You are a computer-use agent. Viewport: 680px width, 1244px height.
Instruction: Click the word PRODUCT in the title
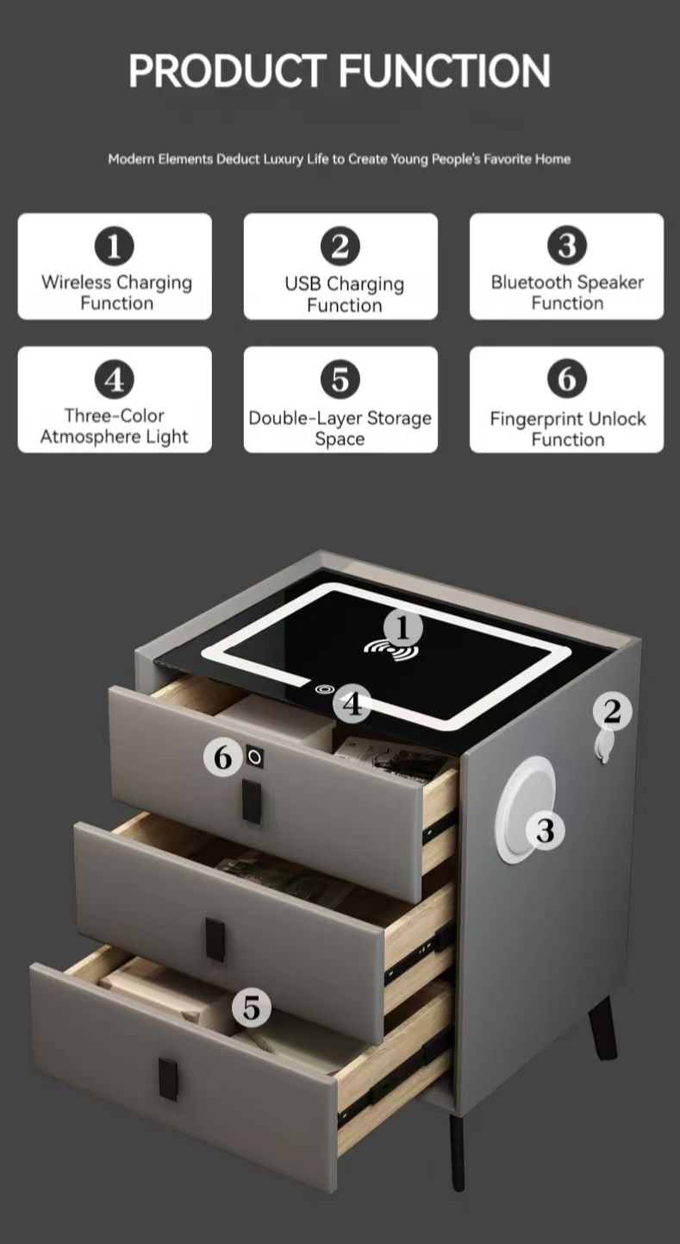(x=228, y=71)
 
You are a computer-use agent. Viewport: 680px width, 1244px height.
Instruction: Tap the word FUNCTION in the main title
(x=444, y=71)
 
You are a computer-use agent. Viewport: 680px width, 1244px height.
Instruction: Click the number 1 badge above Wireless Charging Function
(x=115, y=246)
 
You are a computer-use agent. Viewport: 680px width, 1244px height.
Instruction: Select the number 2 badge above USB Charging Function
(x=340, y=246)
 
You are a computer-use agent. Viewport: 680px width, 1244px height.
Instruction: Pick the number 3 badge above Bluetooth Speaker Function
(x=567, y=246)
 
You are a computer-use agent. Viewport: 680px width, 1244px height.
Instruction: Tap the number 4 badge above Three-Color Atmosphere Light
(x=115, y=380)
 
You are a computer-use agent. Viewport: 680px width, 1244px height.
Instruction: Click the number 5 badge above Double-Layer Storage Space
(x=340, y=380)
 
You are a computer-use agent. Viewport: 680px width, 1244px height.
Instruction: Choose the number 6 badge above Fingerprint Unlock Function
(x=567, y=379)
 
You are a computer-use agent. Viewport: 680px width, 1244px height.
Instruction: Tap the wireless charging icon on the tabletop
(x=391, y=650)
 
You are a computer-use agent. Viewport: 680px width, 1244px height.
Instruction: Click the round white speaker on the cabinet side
(x=524, y=809)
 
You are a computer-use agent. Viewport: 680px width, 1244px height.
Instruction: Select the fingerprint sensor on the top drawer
(x=254, y=757)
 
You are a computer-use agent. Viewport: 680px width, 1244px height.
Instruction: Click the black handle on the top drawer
(x=252, y=801)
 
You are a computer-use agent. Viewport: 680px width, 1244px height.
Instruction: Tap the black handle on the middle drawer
(x=215, y=939)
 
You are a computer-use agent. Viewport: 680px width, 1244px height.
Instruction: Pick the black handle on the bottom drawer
(x=168, y=1079)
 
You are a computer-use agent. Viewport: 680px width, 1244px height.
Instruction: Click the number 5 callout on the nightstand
(x=252, y=1008)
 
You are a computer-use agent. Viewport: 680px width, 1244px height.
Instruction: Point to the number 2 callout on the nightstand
(x=612, y=712)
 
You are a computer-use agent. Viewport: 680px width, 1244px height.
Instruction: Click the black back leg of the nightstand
(x=603, y=1027)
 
